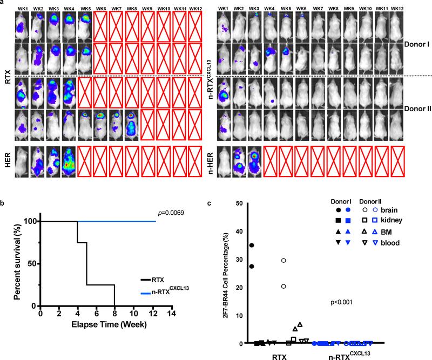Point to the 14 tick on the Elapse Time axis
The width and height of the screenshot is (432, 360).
173,314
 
